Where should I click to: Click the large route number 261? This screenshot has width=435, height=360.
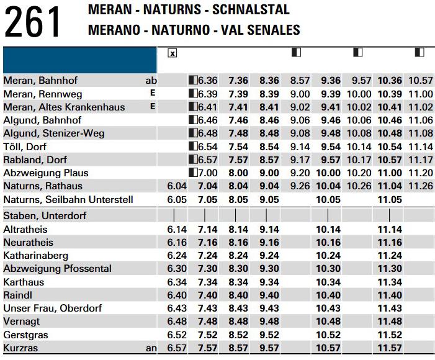pos(32,22)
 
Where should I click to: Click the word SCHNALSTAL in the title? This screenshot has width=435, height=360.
pos(251,9)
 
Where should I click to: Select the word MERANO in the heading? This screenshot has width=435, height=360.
pos(114,30)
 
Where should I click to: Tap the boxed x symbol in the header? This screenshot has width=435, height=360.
pos(173,53)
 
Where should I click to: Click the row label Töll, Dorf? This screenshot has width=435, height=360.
pos(25,146)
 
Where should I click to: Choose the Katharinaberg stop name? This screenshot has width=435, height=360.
pos(35,255)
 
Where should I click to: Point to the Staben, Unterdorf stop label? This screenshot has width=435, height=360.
pos(45,215)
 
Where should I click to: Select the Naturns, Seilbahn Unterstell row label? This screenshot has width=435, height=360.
pos(68,200)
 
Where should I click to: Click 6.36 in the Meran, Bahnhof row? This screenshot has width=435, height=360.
pos(208,81)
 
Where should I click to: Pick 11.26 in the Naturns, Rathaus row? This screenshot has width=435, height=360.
pos(421,186)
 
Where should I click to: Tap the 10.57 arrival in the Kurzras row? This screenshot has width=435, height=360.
pos(328,348)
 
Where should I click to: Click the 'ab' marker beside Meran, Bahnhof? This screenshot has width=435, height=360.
pos(151,81)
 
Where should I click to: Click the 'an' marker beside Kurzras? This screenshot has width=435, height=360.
pos(151,348)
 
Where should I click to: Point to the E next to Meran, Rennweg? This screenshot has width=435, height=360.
pos(153,92)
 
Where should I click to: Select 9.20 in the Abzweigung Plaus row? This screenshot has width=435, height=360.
pos(300,173)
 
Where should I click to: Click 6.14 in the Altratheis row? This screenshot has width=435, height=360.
pos(177,230)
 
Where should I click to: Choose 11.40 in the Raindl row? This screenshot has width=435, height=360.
pos(390,295)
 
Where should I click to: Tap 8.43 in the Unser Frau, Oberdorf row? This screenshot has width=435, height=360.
pos(238,308)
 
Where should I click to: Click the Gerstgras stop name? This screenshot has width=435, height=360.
pos(25,335)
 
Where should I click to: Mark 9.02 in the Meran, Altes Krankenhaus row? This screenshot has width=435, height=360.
pos(300,107)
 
